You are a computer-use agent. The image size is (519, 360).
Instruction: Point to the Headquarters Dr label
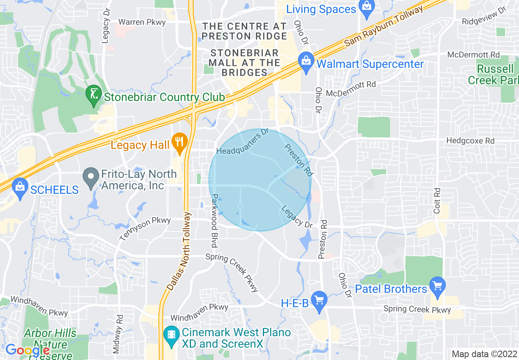click(242, 142)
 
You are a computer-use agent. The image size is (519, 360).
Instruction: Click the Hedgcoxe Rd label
click(470, 141)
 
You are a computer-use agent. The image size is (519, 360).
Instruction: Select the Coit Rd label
click(437, 200)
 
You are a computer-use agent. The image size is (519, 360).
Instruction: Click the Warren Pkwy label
click(142, 22)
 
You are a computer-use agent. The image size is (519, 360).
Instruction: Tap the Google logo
click(27, 350)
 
